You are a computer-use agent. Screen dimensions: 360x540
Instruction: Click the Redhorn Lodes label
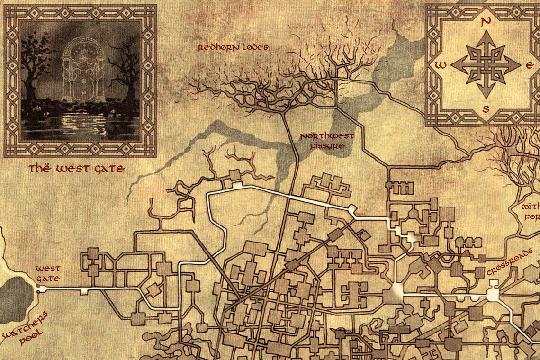pyautogui.click(x=233, y=47)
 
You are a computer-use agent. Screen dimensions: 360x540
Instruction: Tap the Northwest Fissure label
pyautogui.click(x=327, y=141)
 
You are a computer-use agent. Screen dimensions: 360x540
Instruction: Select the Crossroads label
pyautogui.click(x=506, y=269)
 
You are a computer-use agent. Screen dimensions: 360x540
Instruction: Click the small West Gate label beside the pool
pyautogui.click(x=48, y=274)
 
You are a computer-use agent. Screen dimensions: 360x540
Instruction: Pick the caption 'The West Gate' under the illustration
pyautogui.click(x=76, y=169)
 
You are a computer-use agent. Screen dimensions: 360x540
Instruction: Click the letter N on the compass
pyautogui.click(x=485, y=21)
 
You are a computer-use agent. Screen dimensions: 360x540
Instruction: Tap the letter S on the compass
pyautogui.click(x=485, y=108)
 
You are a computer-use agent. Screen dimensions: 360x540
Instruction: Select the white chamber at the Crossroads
pyautogui.click(x=493, y=294)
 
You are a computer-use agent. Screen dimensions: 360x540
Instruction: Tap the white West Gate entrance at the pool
pyautogui.click(x=41, y=288)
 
